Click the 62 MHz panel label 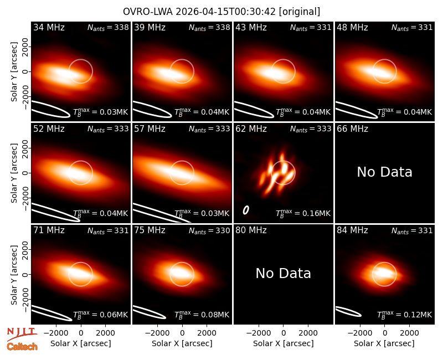(x=251, y=129)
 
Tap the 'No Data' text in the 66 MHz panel (x=384, y=172)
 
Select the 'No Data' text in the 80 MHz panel (x=283, y=273)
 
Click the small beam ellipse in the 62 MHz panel (x=246, y=210)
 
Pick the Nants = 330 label (x=209, y=231)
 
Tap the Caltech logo (x=22, y=347)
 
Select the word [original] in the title (x=300, y=12)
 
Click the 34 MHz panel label (x=49, y=27)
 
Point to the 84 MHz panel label (x=352, y=230)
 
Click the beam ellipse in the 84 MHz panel (x=348, y=311)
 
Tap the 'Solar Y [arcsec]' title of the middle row (x=14, y=173)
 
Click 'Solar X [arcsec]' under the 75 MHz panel (x=182, y=343)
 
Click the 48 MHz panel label (x=352, y=27)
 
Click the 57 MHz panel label (x=150, y=129)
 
